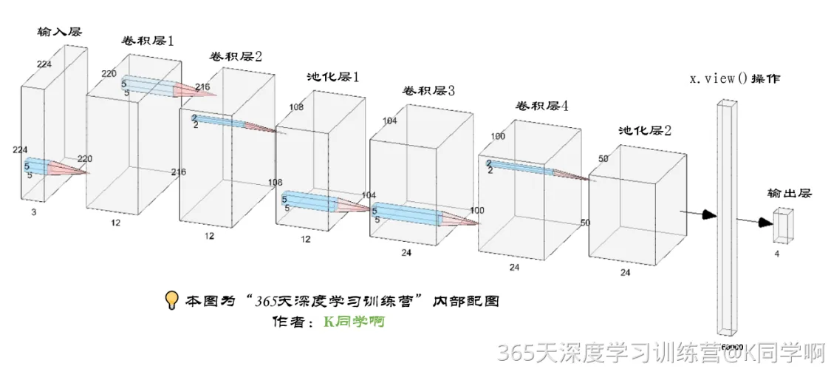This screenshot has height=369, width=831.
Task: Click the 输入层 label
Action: pyautogui.click(x=59, y=32)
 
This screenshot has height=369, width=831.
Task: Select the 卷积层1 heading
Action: pyautogui.click(x=148, y=41)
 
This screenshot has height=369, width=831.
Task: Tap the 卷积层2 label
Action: pyautogui.click(x=236, y=56)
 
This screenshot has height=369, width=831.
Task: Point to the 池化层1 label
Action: pyautogui.click(x=333, y=77)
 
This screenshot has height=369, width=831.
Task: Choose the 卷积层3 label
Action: pyautogui.click(x=428, y=91)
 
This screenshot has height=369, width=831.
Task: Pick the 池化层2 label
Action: pyautogui.click(x=645, y=131)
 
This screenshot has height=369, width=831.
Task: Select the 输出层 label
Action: pyautogui.click(x=789, y=194)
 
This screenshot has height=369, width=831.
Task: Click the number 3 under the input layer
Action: pyautogui.click(x=34, y=211)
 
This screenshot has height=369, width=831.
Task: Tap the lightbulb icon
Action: pyautogui.click(x=171, y=300)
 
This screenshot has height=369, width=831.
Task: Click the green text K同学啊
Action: pyautogui.click(x=355, y=322)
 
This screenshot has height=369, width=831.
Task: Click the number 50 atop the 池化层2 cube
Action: pyautogui.click(x=603, y=159)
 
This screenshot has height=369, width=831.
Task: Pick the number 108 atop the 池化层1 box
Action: pyautogui.click(x=296, y=107)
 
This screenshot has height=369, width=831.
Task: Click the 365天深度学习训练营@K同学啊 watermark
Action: pyautogui.click(x=661, y=353)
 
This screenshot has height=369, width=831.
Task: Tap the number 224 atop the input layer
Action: pyautogui.click(x=44, y=65)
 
